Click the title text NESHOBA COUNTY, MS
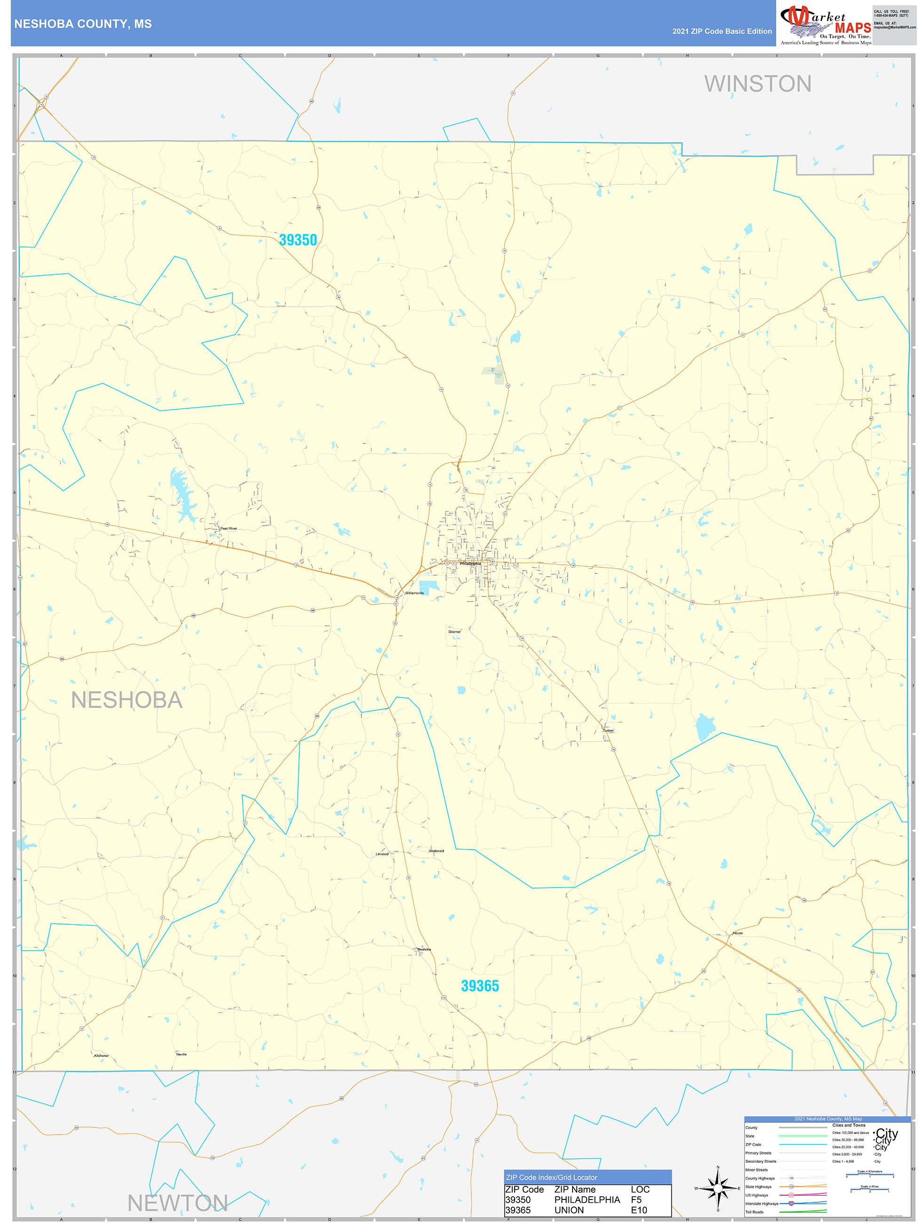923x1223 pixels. click(83, 24)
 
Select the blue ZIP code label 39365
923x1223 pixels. click(479, 986)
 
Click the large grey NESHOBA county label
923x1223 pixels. click(127, 700)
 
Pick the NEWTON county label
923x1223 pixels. click(177, 1203)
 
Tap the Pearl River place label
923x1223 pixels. click(229, 529)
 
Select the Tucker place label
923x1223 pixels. click(608, 731)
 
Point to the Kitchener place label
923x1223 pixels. click(102, 1056)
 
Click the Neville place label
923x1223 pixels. click(182, 1054)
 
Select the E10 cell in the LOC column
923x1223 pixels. click(639, 1210)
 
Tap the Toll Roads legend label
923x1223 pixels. click(754, 1211)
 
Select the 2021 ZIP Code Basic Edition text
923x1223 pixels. click(722, 32)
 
